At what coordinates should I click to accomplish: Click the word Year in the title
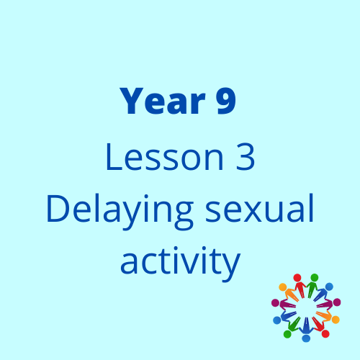(163, 101)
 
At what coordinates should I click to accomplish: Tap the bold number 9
(225, 101)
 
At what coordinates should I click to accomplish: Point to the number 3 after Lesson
(245, 157)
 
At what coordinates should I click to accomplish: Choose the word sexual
(259, 208)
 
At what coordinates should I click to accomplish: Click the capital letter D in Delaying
(57, 209)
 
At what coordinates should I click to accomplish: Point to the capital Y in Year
(132, 101)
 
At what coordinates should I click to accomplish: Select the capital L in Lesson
(114, 157)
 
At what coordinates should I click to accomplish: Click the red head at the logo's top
(297, 277)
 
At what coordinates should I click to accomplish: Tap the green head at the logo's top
(315, 277)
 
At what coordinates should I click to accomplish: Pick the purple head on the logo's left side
(275, 302)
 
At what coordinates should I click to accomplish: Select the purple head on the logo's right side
(337, 302)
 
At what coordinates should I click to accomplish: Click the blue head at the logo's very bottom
(306, 338)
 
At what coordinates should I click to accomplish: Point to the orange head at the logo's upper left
(282, 287)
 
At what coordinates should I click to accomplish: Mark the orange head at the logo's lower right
(336, 320)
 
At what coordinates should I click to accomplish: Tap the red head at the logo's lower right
(325, 333)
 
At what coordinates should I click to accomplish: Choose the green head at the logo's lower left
(287, 334)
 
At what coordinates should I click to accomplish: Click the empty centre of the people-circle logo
(306, 308)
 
